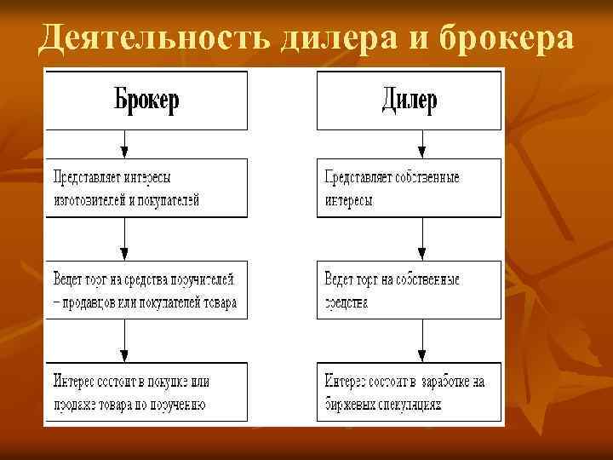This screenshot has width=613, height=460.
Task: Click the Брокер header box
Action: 146,101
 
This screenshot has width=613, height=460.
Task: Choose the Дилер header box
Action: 409,101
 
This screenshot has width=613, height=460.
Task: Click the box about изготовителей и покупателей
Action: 146,187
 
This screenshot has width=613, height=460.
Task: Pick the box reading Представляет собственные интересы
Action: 409,187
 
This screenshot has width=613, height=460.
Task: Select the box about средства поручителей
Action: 146,290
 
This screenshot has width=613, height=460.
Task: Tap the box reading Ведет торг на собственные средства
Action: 409,290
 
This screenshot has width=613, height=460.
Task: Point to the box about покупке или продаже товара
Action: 146,392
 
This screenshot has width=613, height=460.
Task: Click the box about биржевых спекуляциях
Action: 409,392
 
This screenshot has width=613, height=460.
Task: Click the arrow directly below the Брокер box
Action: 125,144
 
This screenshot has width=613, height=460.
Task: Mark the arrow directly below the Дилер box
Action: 421,144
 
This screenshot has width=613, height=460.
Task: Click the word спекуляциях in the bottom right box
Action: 409,405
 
